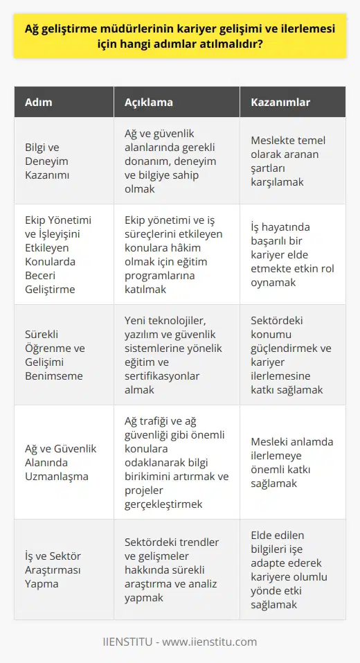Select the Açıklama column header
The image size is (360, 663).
[x=149, y=102]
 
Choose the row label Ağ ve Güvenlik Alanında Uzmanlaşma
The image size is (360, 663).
[x=59, y=462]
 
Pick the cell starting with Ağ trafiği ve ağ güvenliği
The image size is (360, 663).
[x=174, y=462]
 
